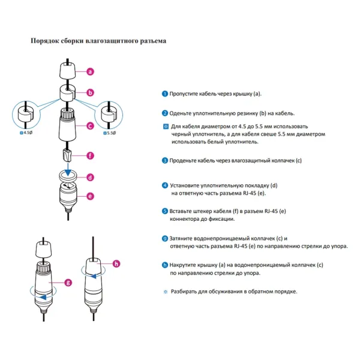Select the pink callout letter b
pos(90,93)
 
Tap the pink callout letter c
pos(90,126)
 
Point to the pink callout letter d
pos(90,177)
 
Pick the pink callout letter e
pos(90,196)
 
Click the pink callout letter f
pos(90,155)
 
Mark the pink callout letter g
pos(68,281)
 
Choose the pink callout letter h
pos(116,263)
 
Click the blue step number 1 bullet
pos(164,94)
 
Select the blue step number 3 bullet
pos(164,161)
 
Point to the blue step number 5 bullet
pos(164,212)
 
